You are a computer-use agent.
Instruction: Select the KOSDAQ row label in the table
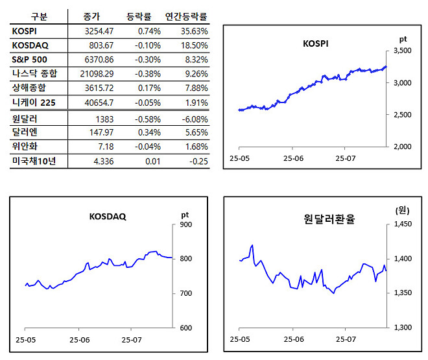30,45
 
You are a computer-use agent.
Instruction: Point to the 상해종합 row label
30,88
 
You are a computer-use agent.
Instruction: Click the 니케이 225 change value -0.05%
148,102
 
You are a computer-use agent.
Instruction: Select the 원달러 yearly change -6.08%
195,119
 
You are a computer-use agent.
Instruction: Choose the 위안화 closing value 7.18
104,147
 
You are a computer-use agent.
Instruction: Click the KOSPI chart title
316,44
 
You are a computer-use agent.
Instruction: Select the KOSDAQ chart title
108,217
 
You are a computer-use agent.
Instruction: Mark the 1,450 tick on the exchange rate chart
402,225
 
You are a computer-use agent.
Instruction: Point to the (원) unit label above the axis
402,210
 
